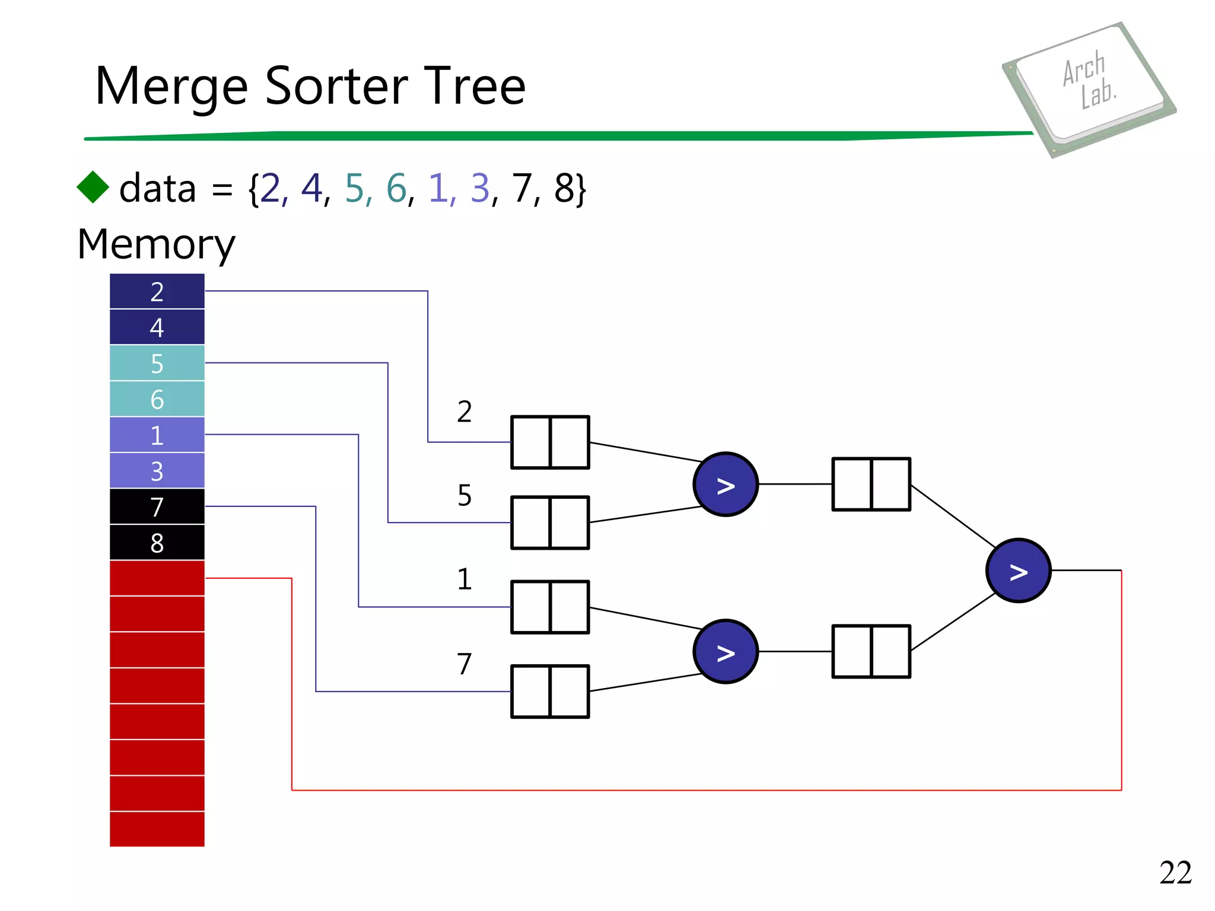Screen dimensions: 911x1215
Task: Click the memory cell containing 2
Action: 157,291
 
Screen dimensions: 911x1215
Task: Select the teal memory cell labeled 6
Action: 157,399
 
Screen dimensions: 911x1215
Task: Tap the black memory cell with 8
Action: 157,543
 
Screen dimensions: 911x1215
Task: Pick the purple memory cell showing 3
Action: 157,471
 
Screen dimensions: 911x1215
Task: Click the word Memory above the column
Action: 156,244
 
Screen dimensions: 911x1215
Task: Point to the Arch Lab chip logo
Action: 1089,89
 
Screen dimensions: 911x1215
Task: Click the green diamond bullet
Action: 93,187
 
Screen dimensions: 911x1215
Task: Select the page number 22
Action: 1175,872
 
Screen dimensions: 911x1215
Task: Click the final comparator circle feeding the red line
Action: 1018,571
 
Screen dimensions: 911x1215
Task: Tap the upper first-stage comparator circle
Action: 725,485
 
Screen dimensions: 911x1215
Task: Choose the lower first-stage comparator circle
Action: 725,652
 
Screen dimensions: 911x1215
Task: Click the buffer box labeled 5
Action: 550,523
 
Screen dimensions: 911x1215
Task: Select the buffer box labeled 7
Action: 550,692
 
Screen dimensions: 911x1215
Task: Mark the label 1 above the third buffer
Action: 465,579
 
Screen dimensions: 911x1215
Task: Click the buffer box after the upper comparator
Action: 871,484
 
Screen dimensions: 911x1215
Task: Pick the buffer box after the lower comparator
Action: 871,651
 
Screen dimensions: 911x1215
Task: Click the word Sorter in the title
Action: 336,87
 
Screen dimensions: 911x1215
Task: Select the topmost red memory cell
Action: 157,578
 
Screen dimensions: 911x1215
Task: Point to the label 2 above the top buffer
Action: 465,412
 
